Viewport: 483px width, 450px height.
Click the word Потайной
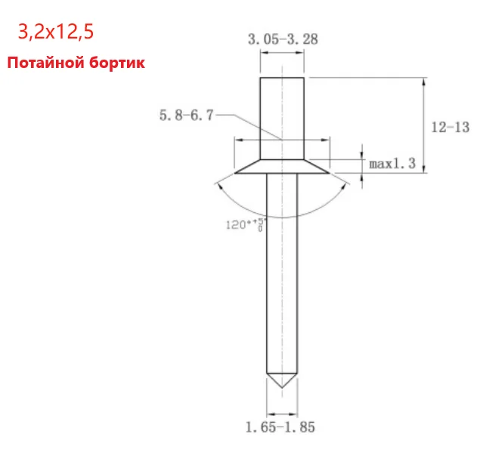coord(44,63)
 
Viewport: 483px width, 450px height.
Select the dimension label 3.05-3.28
coord(282,39)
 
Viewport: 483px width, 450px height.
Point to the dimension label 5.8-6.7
coord(186,116)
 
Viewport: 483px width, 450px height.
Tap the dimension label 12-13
coord(450,128)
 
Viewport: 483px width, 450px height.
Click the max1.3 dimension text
coord(392,162)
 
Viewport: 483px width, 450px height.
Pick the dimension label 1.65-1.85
coord(280,427)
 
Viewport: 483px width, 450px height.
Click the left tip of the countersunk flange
coord(236,172)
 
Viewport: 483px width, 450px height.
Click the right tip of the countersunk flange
coord(329,172)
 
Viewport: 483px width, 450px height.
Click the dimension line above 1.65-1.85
coord(282,413)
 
